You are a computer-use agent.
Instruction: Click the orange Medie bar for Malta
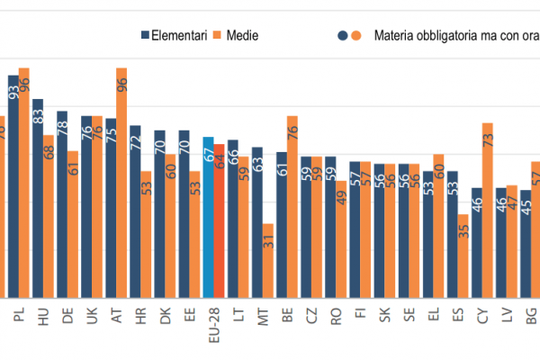coord(268,261)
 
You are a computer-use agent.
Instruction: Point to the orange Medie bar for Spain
coord(463,256)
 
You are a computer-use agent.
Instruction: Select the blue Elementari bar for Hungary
coord(38,198)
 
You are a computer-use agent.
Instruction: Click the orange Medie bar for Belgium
coord(292,207)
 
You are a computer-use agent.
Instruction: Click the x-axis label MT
coord(263,316)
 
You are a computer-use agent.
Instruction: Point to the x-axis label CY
coord(482,316)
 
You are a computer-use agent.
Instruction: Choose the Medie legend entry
coord(237,35)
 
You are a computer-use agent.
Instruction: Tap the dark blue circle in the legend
coord(342,35)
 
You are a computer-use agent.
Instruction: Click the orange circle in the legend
coord(355,35)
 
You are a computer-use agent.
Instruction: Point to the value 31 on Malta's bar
coord(268,242)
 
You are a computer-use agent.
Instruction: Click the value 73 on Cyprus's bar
coord(487,139)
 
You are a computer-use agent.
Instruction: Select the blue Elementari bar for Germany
coord(62,203)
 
